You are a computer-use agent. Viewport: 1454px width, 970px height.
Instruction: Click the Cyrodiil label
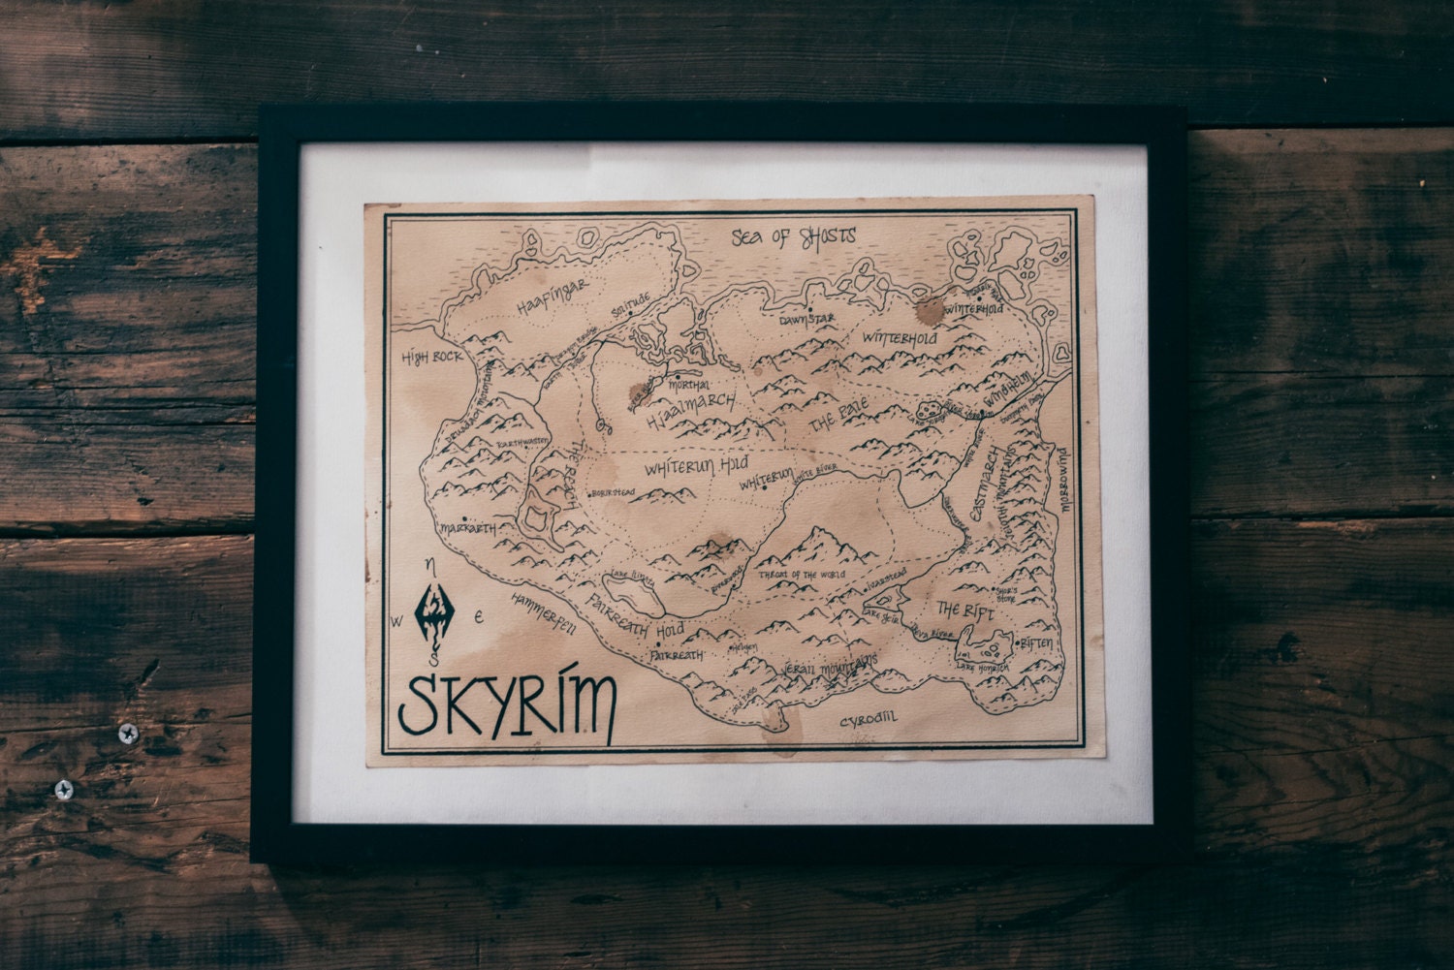click(x=869, y=720)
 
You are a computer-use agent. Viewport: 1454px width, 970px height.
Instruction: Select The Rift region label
click(x=960, y=610)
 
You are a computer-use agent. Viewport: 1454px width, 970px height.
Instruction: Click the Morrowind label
click(x=1063, y=487)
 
